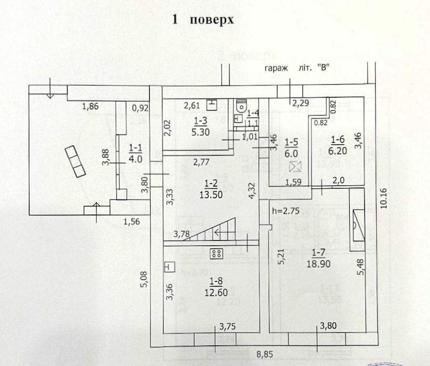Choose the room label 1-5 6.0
coord(292,146)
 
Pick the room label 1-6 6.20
coord(339,144)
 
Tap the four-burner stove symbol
coord(216,254)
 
